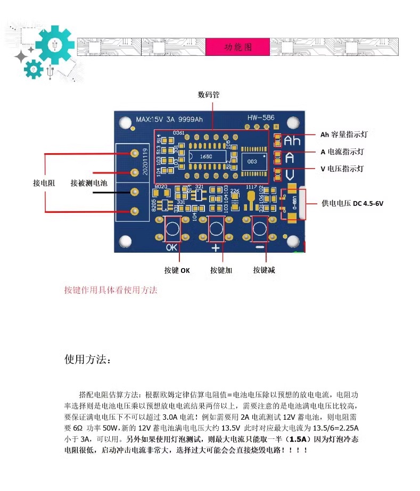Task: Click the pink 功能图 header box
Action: pos(237,47)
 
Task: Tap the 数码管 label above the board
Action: pos(208,95)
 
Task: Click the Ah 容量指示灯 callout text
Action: pos(343,135)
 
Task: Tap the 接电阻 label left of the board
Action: pos(44,183)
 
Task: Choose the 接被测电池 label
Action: pos(89,183)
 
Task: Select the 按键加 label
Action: pos(221,270)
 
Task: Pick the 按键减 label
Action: pos(264,270)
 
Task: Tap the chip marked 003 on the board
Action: pos(252,161)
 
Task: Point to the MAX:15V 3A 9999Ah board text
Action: pos(169,119)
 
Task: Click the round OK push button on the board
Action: pos(172,229)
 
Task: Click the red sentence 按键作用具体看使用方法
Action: pos(111,290)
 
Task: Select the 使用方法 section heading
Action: pos(88,360)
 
